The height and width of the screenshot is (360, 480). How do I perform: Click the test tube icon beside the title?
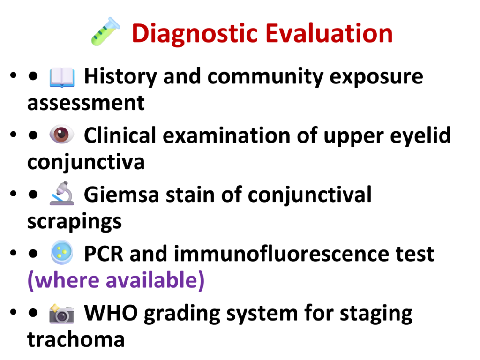point(105,31)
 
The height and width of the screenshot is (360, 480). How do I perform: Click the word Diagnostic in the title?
point(195,34)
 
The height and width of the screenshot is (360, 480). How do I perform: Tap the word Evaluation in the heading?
point(329,33)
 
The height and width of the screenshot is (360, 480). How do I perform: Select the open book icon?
point(62,77)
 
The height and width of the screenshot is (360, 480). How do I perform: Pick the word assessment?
point(86,103)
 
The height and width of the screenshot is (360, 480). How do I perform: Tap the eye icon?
point(61,135)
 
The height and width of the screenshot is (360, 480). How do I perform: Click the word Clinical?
point(120,135)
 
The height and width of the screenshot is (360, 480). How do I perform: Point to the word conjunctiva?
point(86,162)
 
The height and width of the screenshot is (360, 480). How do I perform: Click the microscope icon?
point(62,193)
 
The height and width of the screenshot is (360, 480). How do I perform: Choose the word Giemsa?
point(122,195)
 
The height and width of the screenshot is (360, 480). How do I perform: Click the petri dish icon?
point(62,253)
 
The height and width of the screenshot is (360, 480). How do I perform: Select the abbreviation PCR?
point(104,254)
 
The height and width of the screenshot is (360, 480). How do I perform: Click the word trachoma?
point(76,339)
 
